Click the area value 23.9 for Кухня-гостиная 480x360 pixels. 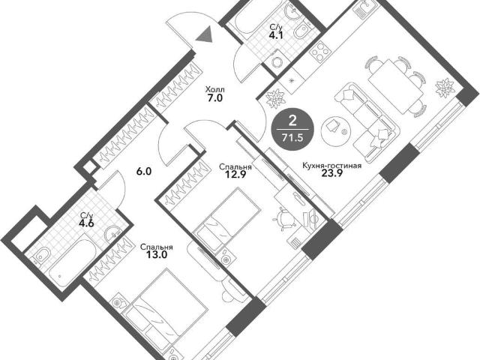(331, 173)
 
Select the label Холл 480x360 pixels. (215, 90)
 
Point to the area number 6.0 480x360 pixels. (144, 172)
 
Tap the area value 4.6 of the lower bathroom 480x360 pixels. (87, 222)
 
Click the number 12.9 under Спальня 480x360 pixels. (235, 175)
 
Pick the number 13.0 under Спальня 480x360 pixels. (157, 255)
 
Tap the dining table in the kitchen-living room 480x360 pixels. (396, 86)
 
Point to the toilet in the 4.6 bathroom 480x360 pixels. (42, 256)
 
